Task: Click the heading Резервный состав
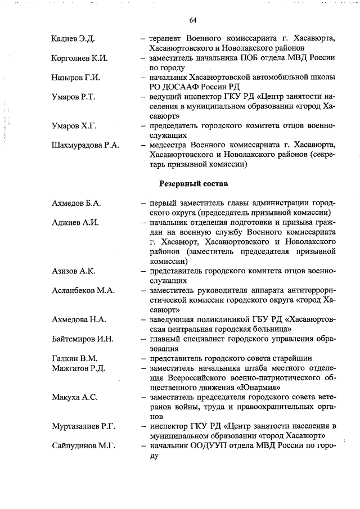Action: (193, 183)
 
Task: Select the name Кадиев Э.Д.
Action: (72, 39)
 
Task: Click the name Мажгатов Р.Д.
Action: (78, 368)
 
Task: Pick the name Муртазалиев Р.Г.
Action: (83, 426)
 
